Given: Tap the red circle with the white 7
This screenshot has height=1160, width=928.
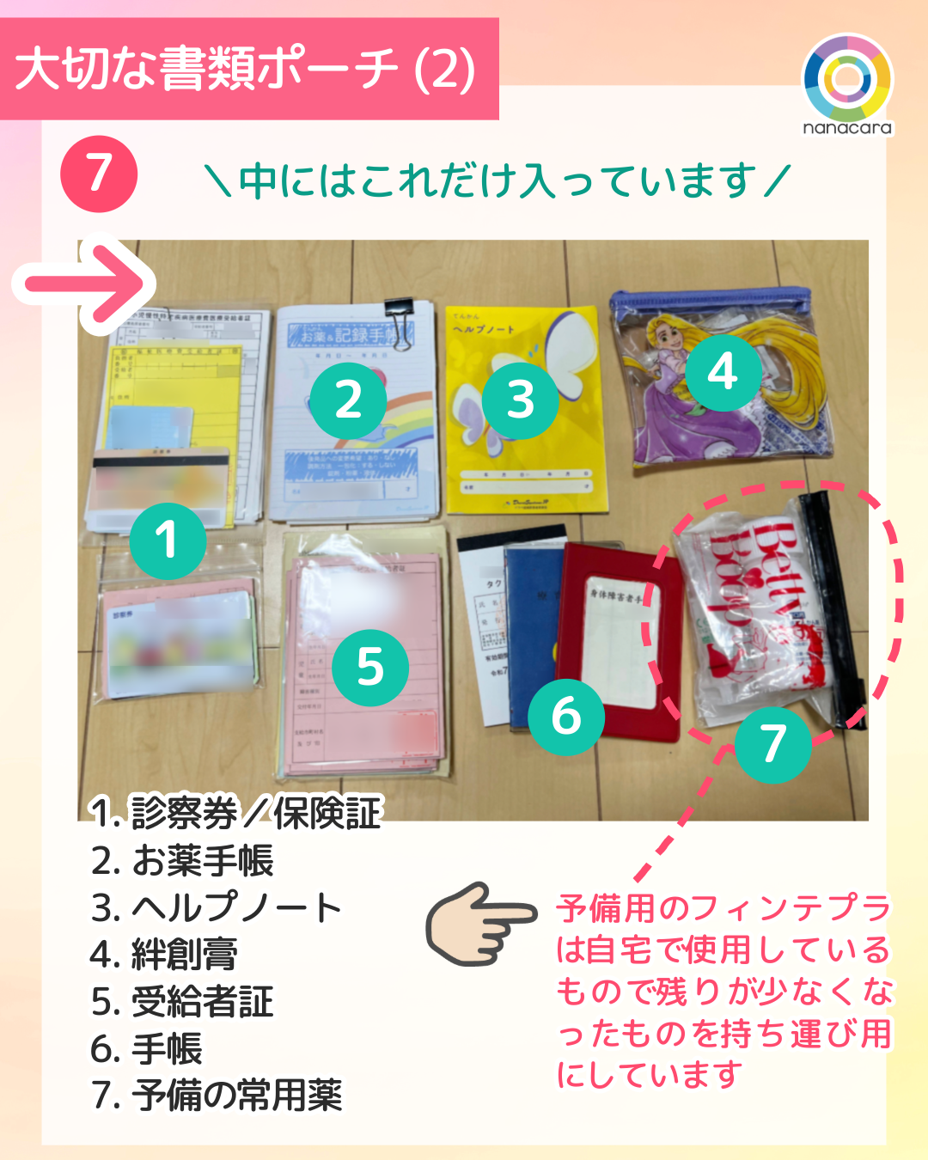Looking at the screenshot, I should (99, 174).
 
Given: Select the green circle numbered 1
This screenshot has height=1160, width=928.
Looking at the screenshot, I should (168, 540).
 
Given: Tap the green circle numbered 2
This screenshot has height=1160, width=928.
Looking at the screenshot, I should (348, 400).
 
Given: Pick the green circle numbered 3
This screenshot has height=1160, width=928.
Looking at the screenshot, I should (521, 400).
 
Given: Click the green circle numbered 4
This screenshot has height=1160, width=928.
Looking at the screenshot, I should (723, 371).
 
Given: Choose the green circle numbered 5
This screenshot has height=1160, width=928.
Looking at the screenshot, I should (370, 668).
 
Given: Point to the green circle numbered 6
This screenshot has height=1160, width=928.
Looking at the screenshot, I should (566, 716).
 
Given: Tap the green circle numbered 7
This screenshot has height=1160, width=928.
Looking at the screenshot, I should (773, 744).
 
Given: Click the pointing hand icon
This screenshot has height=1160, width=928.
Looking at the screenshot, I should (481, 924).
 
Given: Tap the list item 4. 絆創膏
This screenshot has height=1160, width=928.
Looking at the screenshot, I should (164, 955).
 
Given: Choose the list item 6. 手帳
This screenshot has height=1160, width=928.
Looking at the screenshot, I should (147, 1048).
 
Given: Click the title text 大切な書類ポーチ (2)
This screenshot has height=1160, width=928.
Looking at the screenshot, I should (246, 69).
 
